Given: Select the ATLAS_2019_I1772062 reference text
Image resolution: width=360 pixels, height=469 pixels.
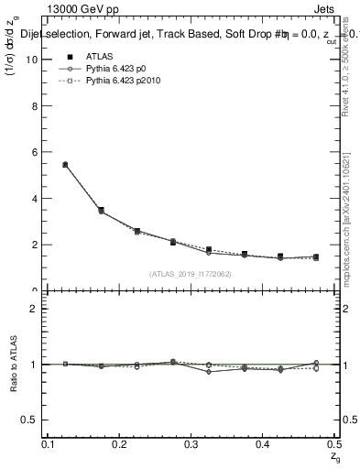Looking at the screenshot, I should (191, 274).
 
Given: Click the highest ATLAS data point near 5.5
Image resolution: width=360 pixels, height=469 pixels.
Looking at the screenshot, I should (65, 164).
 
